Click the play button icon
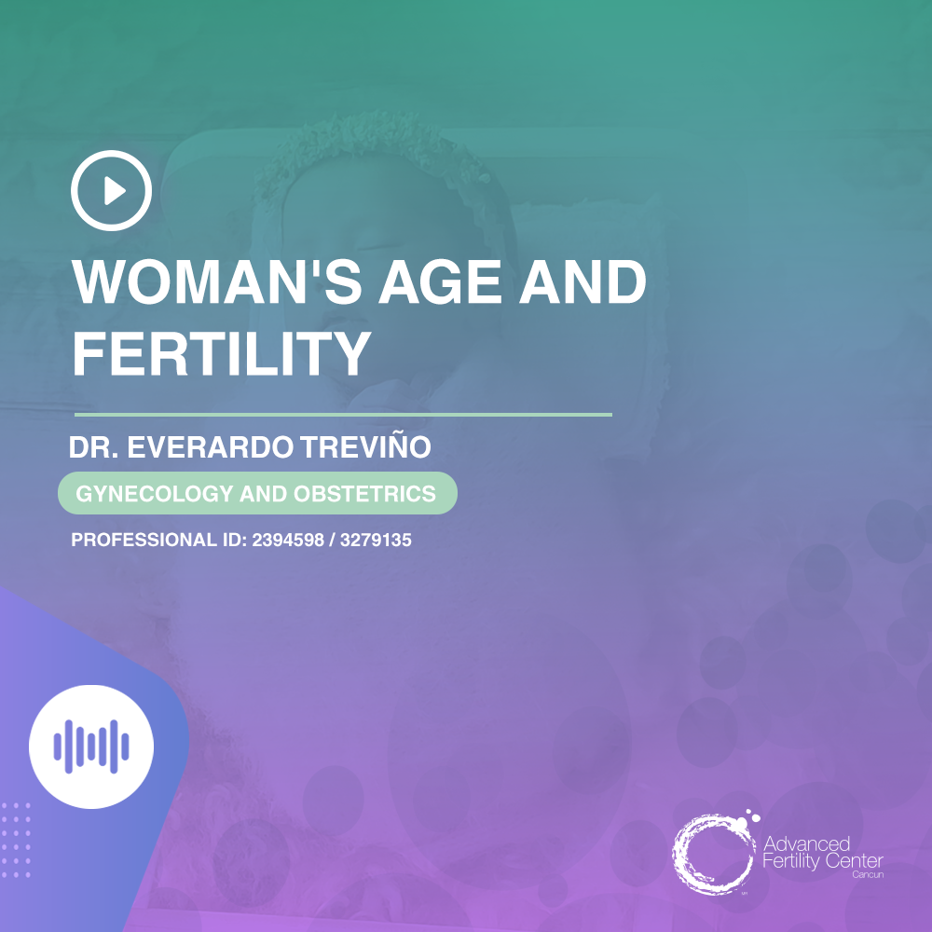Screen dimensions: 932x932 tap(111, 190)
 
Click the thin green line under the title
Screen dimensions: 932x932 tap(343, 414)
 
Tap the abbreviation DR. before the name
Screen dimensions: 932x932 tap(96, 448)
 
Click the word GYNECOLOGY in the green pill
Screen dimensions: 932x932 tap(154, 494)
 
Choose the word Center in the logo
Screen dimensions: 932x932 tap(851, 862)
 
